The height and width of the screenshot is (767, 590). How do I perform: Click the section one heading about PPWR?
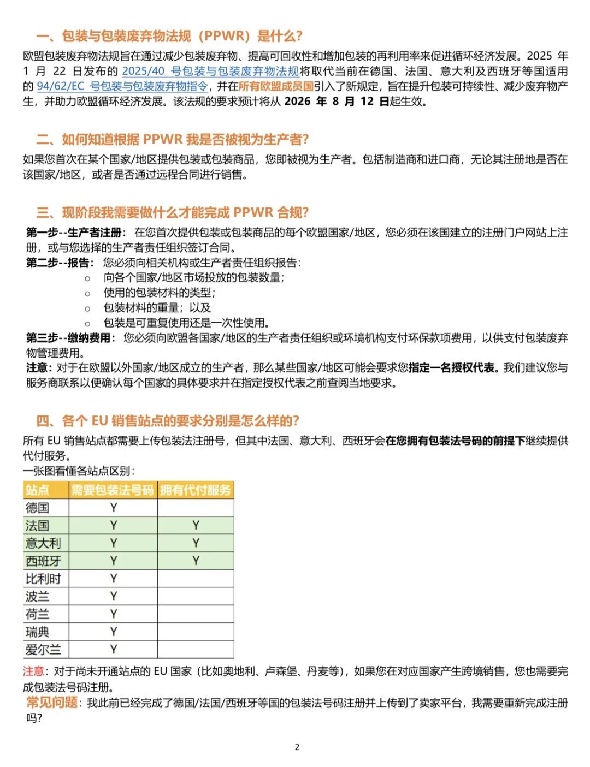click(x=169, y=37)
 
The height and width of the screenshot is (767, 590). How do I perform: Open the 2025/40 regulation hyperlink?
click(x=210, y=71)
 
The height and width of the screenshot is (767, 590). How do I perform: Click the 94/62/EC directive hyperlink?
click(x=122, y=86)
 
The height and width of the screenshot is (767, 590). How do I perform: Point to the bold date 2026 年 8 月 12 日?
click(x=337, y=102)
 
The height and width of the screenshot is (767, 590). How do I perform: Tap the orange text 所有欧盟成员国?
click(x=276, y=86)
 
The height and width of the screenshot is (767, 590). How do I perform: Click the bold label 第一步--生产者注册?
click(x=76, y=233)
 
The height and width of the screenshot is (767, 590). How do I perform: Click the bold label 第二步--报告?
click(x=60, y=263)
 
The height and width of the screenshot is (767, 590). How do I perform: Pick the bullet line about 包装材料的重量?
click(x=157, y=307)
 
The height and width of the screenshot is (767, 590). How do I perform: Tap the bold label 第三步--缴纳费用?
click(x=70, y=338)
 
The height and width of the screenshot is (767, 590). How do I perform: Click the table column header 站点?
click(x=37, y=490)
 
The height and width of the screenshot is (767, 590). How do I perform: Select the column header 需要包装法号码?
click(x=113, y=490)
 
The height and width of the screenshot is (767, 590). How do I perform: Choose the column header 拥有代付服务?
click(x=195, y=490)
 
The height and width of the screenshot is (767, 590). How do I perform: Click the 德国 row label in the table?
click(x=37, y=508)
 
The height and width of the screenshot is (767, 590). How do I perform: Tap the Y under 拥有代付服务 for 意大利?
click(x=196, y=543)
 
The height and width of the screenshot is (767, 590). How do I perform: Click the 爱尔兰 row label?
click(x=43, y=650)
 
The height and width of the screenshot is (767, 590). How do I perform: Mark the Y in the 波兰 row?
click(x=113, y=596)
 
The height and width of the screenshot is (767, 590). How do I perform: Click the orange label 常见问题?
click(x=52, y=702)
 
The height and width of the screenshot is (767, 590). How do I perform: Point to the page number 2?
click(x=297, y=747)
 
